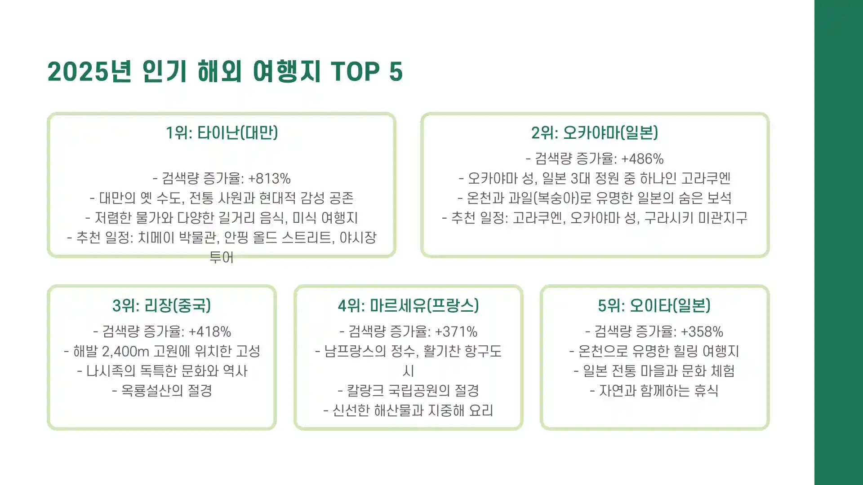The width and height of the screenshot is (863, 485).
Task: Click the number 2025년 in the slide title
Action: (x=89, y=72)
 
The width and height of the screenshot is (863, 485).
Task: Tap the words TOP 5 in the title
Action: (x=366, y=72)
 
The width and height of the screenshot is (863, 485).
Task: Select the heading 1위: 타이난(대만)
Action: (x=222, y=133)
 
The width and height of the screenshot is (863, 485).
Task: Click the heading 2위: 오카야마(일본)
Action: (x=595, y=133)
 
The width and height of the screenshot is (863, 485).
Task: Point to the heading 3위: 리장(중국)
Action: (x=161, y=306)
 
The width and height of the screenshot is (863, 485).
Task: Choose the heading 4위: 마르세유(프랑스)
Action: (x=408, y=306)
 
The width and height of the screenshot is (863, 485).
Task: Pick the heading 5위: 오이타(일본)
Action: (x=654, y=306)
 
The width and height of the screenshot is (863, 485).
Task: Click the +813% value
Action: (x=269, y=179)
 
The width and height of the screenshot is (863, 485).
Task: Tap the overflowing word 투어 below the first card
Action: (x=221, y=258)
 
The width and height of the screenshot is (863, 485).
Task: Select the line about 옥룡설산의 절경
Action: (x=162, y=391)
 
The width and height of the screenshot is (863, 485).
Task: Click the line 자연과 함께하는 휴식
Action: (x=654, y=391)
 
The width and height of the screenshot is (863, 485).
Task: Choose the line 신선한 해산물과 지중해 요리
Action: (x=408, y=410)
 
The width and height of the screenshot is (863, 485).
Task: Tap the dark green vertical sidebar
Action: (x=838, y=242)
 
